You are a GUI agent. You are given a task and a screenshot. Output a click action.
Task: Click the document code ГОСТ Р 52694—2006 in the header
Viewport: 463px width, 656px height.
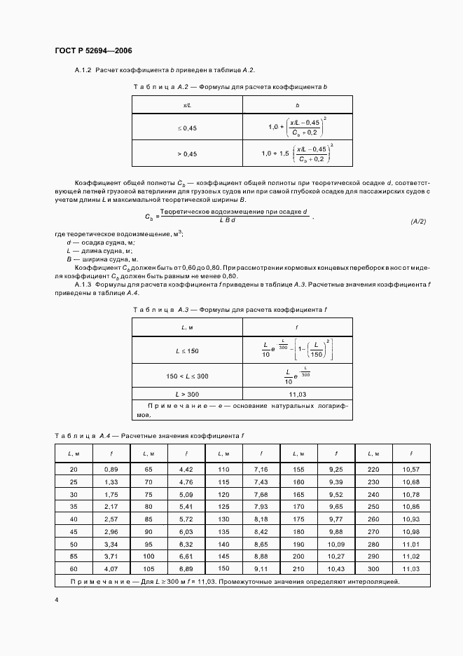point(93,51)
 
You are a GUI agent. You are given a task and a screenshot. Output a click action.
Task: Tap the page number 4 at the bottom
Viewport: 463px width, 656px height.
point(56,601)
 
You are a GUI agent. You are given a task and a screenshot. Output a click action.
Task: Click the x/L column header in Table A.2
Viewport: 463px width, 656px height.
point(187,104)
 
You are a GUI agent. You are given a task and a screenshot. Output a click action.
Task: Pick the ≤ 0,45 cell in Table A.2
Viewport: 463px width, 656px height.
point(187,128)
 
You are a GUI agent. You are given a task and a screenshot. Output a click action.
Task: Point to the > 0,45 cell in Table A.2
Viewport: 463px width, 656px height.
point(187,153)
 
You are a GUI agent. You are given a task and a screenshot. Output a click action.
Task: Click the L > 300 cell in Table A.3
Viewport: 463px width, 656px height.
point(187,395)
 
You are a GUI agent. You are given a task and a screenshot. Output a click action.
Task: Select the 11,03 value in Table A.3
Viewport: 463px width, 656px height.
point(298,395)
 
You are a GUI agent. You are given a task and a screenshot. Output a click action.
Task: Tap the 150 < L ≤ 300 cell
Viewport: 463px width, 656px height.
point(187,376)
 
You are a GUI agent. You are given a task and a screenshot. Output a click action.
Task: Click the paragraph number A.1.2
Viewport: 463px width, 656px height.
point(83,71)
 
